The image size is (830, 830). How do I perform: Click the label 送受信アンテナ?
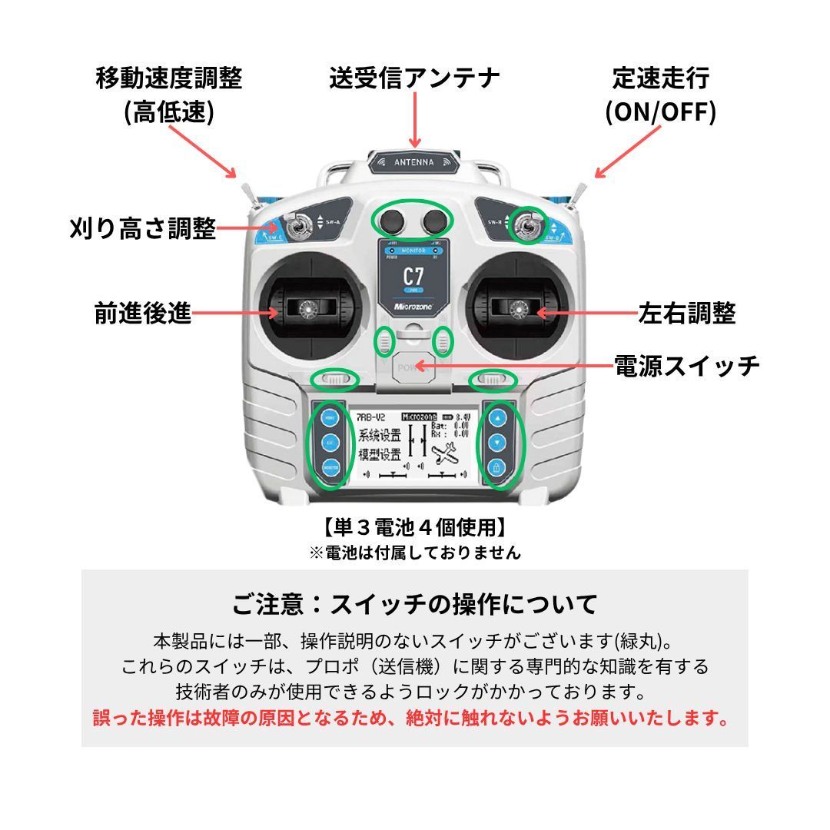[414, 78]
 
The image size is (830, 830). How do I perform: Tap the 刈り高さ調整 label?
[143, 227]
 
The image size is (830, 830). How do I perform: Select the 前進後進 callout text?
[143, 313]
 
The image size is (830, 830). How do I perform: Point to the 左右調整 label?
[687, 313]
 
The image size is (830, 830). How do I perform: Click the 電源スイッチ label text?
[686, 365]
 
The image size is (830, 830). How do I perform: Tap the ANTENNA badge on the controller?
[414, 162]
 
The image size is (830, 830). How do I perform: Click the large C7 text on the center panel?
[413, 277]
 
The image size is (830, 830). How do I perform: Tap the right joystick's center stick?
[518, 310]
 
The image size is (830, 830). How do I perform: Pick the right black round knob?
[435, 221]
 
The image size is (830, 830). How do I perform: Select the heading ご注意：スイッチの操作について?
[414, 604]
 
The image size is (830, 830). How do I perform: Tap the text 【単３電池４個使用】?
[414, 527]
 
